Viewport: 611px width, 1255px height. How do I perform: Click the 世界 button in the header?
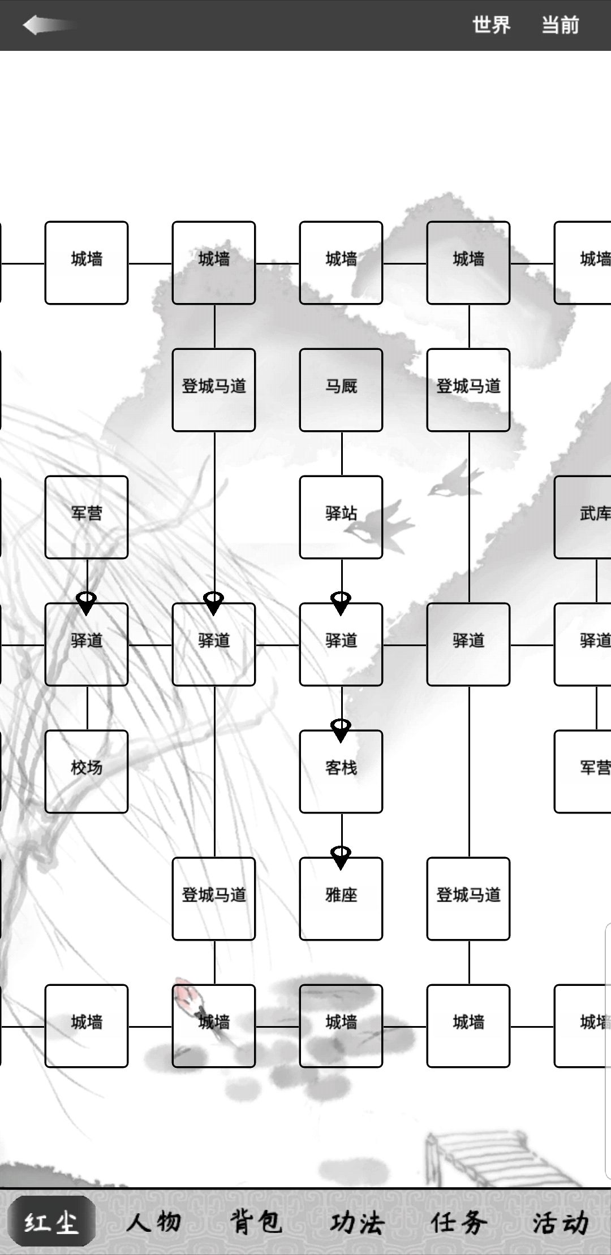(492, 25)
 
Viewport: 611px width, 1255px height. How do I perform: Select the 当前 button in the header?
(560, 25)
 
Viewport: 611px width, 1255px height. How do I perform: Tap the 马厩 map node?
(341, 390)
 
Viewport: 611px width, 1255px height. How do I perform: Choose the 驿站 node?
(341, 517)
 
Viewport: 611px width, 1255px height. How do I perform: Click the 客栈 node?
(341, 772)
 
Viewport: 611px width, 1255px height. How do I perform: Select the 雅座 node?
(341, 899)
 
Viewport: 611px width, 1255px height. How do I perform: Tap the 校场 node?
(87, 772)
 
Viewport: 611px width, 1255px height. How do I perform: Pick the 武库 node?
(583, 517)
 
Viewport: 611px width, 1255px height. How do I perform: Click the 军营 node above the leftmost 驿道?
(87, 517)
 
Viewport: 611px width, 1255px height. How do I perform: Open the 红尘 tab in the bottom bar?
(51, 1222)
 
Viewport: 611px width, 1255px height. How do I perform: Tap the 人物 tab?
(153, 1222)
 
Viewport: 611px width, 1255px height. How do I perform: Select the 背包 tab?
(256, 1222)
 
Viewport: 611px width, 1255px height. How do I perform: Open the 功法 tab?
(358, 1222)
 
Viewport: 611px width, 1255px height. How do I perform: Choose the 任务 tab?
(459, 1222)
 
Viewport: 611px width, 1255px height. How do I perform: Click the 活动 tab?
(561, 1222)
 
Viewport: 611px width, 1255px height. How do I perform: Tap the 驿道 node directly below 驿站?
(341, 644)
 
